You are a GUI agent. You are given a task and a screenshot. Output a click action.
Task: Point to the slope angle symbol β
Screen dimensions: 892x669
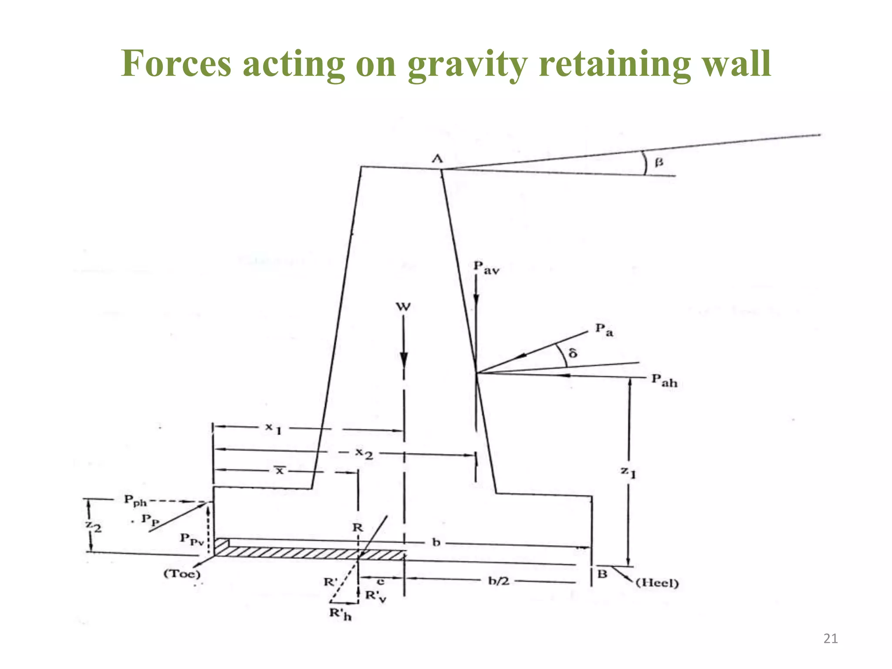pyautogui.click(x=659, y=162)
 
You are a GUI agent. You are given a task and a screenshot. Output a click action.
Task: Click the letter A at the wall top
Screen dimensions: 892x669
pyautogui.click(x=437, y=159)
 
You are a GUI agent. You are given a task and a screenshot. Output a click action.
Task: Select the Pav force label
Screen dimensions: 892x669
pyautogui.click(x=486, y=267)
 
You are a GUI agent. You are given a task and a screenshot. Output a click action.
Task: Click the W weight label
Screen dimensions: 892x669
pyautogui.click(x=403, y=307)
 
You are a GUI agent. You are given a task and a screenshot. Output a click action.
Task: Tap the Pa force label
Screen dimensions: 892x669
pyautogui.click(x=604, y=330)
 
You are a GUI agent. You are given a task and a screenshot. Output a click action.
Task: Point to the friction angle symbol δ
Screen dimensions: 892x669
pyautogui.click(x=573, y=352)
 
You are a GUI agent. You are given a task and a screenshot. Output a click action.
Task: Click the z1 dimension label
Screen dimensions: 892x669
pyautogui.click(x=628, y=472)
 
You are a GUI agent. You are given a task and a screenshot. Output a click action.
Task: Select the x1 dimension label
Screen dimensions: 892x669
pyautogui.click(x=274, y=428)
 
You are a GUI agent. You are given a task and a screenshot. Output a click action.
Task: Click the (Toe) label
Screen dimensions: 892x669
pyautogui.click(x=182, y=574)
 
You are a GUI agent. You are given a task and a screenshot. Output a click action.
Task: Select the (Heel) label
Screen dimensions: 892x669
pyautogui.click(x=657, y=583)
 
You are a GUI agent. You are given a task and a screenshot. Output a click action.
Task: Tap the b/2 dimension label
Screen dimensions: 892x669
pyautogui.click(x=498, y=581)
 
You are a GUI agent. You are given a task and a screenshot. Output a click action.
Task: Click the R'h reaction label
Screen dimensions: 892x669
pyautogui.click(x=340, y=614)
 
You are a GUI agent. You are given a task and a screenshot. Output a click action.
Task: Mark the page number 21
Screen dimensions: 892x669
pyautogui.click(x=831, y=639)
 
